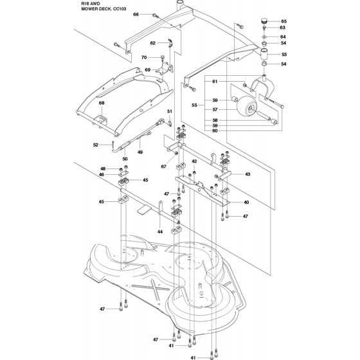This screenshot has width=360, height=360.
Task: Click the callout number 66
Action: tap(136, 14)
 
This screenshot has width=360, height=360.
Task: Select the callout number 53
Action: tap(284, 55)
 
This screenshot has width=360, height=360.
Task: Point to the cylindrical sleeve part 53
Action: tap(264, 54)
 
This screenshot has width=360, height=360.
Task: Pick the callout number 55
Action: tap(194, 105)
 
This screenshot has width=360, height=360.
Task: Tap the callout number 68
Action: tap(102, 103)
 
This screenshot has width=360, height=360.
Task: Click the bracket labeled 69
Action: tap(165, 69)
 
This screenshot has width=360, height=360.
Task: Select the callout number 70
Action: tap(144, 57)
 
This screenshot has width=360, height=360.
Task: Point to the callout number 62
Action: tap(153, 43)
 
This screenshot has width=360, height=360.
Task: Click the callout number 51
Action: tap(170, 111)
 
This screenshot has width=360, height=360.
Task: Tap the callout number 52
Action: tap(96, 145)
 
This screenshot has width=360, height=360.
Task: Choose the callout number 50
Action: tap(125, 159)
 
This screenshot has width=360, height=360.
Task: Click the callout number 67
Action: tap(163, 166)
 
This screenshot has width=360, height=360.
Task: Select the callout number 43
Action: tap(248, 174)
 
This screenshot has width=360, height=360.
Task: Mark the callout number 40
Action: tap(246, 202)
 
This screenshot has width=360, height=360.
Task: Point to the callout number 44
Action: tap(160, 231)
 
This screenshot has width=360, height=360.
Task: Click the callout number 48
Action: tap(103, 168)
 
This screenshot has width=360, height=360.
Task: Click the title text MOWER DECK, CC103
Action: tap(104, 9)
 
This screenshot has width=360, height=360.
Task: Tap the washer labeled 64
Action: tap(264, 37)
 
